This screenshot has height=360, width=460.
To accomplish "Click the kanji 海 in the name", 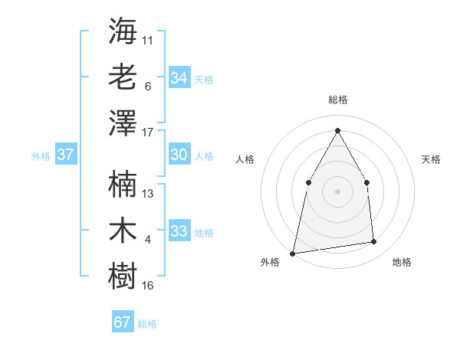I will pyautogui.click(x=123, y=31).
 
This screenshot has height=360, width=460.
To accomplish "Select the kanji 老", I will pyautogui.click(x=123, y=77).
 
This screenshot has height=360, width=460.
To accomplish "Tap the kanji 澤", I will pyautogui.click(x=123, y=123).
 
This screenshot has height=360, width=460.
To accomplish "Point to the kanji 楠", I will pyautogui.click(x=123, y=185).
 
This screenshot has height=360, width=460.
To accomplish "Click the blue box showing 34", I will pyautogui.click(x=179, y=77).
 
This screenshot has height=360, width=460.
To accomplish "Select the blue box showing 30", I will pyautogui.click(x=179, y=155).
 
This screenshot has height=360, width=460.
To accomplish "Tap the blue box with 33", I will pyautogui.click(x=179, y=231).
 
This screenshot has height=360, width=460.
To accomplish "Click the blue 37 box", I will pyautogui.click(x=66, y=155).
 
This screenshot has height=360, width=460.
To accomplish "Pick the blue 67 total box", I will pyautogui.click(x=123, y=322).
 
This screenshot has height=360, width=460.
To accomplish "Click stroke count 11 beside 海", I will pyautogui.click(x=148, y=40).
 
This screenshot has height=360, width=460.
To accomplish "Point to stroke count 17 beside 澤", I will pyautogui.click(x=148, y=132).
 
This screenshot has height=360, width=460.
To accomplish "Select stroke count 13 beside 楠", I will pyautogui.click(x=148, y=193).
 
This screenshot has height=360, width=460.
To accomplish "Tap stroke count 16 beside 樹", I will pyautogui.click(x=148, y=286).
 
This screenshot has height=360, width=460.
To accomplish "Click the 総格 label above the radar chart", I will pyautogui.click(x=337, y=100).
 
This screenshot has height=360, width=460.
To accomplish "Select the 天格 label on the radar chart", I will pyautogui.click(x=431, y=159).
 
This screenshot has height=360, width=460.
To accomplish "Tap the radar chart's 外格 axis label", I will pyautogui.click(x=270, y=262).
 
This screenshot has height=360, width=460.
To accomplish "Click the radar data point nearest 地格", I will pyautogui.click(x=374, y=242).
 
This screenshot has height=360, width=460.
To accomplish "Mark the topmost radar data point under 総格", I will pyautogui.click(x=337, y=129).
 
